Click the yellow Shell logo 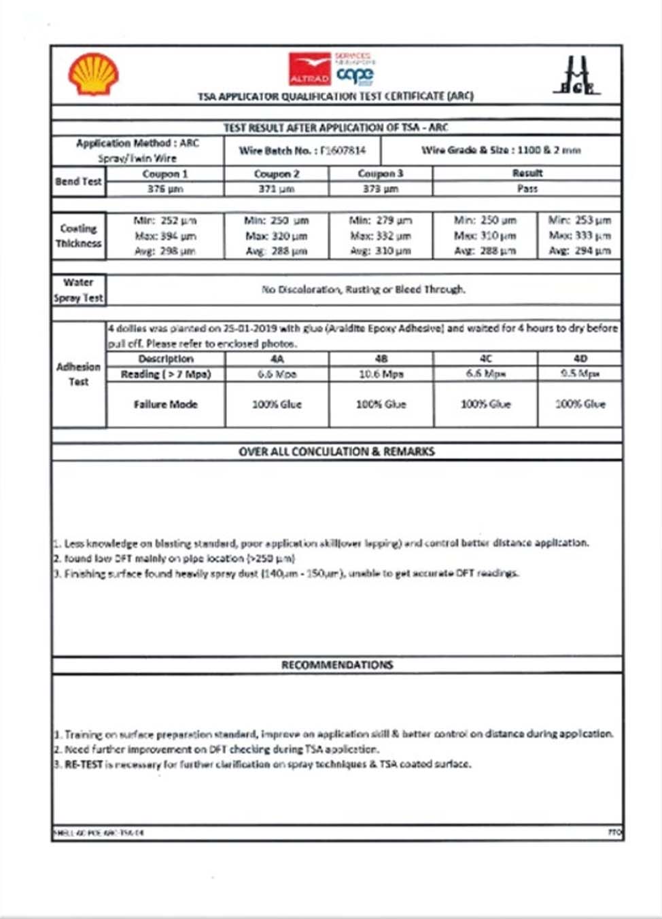pyautogui.click(x=93, y=74)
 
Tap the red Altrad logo pyautogui.click(x=309, y=69)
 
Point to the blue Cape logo pyautogui.click(x=355, y=74)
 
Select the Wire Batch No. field pyautogui.click(x=302, y=150)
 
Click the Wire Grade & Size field pyautogui.click(x=501, y=150)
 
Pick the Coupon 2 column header pyautogui.click(x=276, y=174)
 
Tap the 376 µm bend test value pyautogui.click(x=165, y=189)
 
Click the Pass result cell pyautogui.click(x=527, y=189)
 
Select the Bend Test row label pyautogui.click(x=78, y=181)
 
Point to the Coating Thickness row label pyautogui.click(x=78, y=236)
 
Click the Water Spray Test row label pyautogui.click(x=78, y=290)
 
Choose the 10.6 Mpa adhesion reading pyautogui.click(x=381, y=374)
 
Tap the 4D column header pyautogui.click(x=580, y=359)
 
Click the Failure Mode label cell pyautogui.click(x=165, y=404)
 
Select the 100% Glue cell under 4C pyautogui.click(x=485, y=404)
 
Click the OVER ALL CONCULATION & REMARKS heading pyautogui.click(x=336, y=452)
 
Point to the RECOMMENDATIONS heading pyautogui.click(x=337, y=665)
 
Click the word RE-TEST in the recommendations pyautogui.click(x=84, y=764)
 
